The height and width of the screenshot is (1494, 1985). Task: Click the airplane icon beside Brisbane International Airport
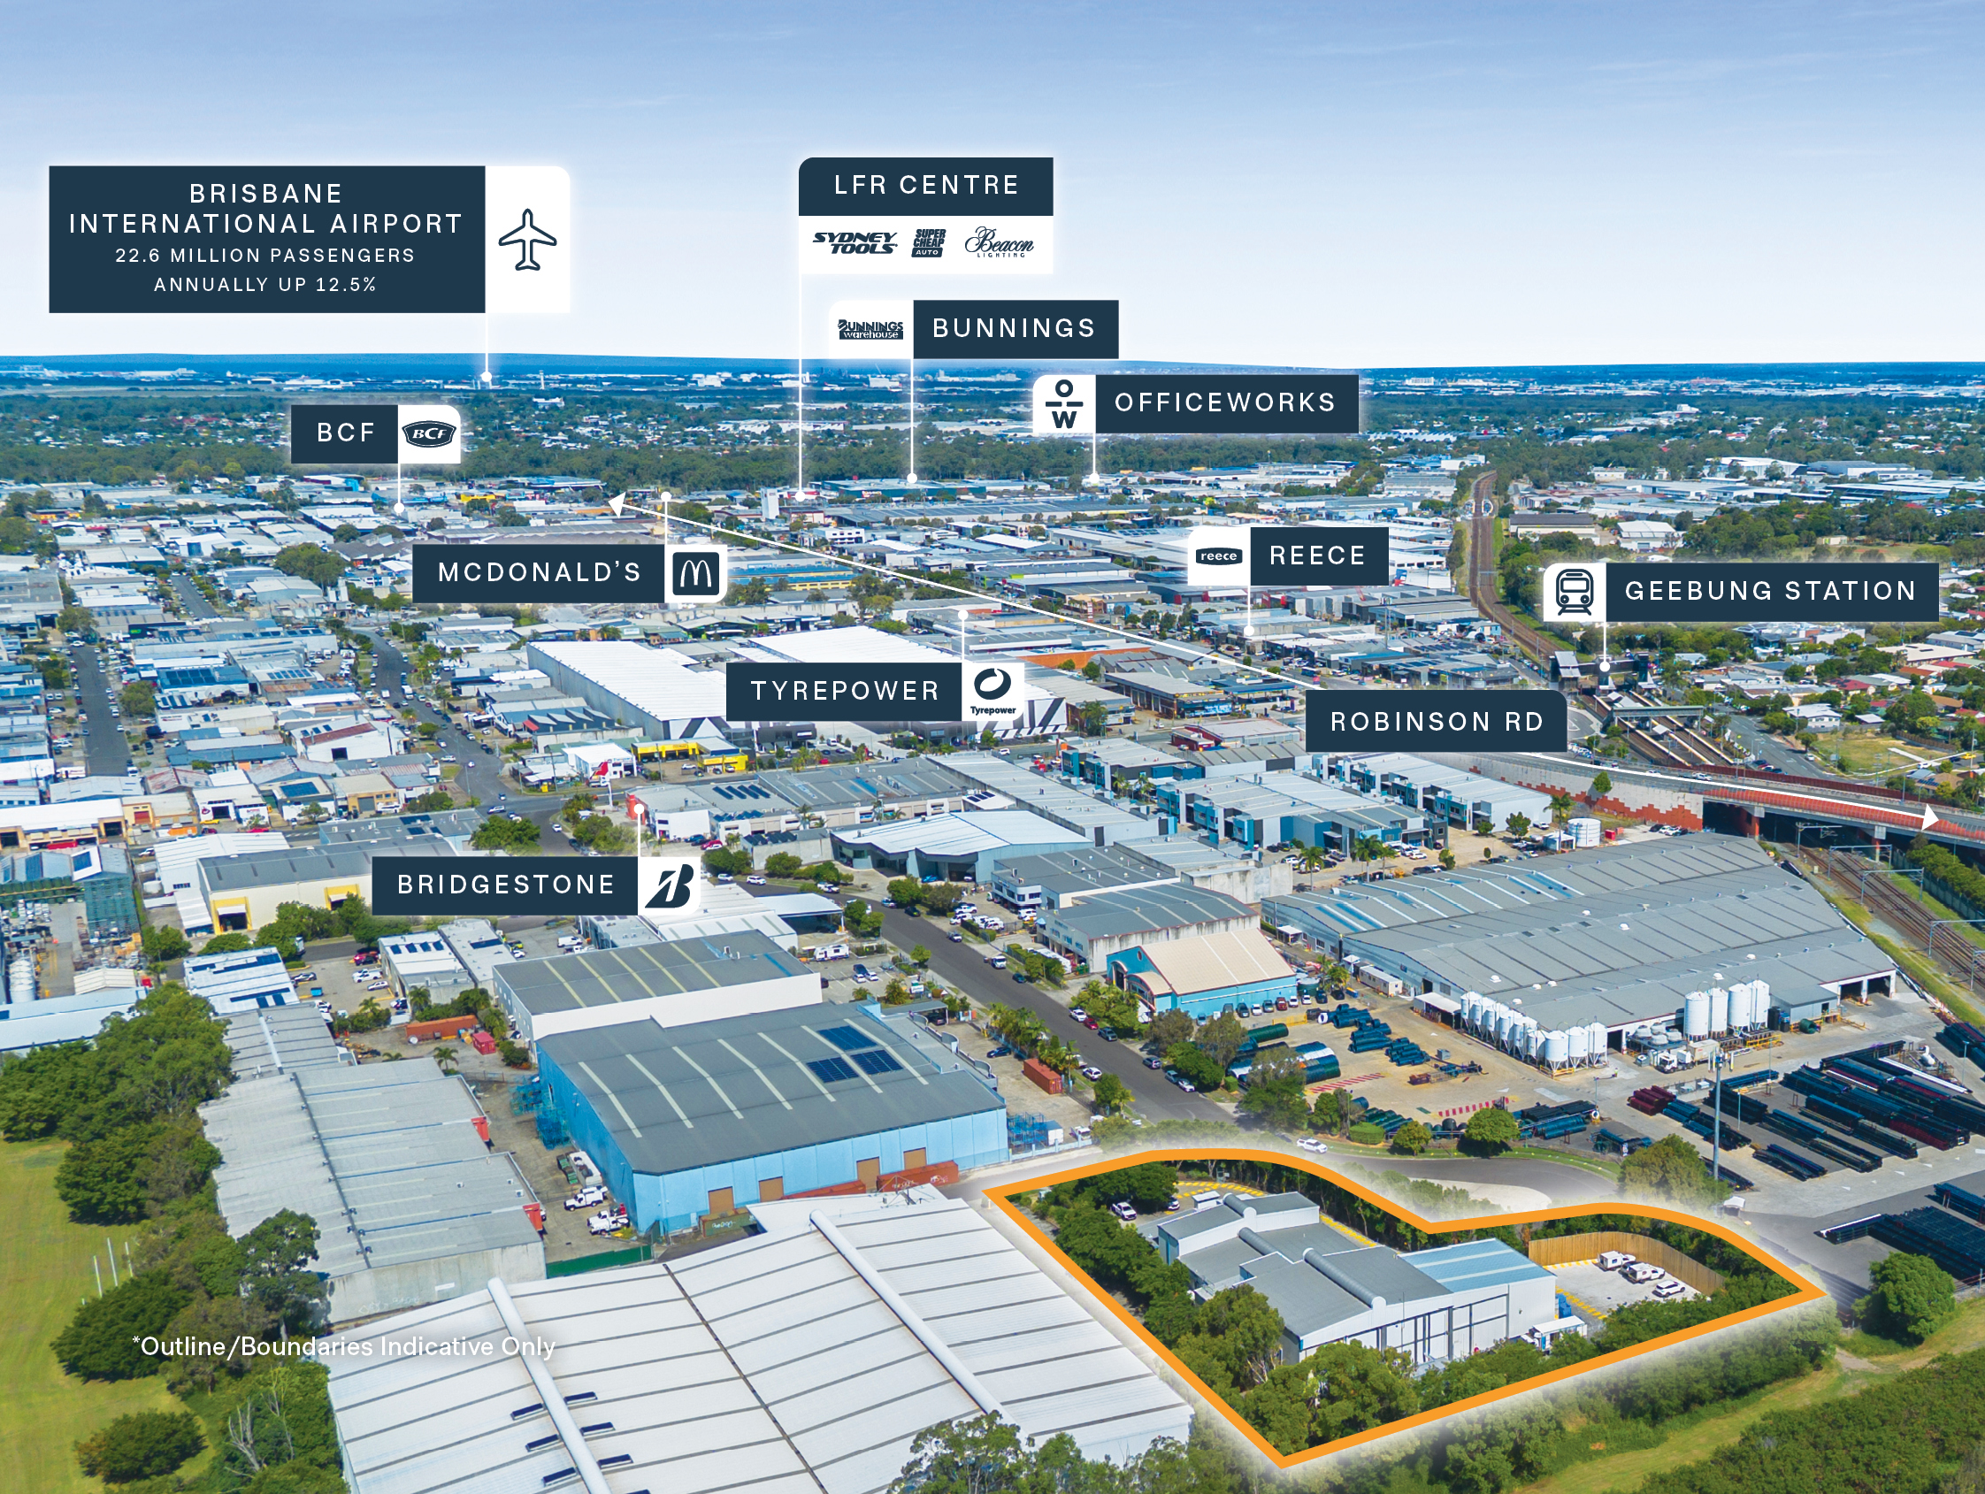pyautogui.click(x=528, y=239)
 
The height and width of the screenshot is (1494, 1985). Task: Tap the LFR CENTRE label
pyautogui.click(x=926, y=186)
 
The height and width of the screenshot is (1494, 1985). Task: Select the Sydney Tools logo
pyautogui.click(x=855, y=242)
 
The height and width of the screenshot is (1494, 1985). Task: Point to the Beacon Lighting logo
pyautogui.click(x=999, y=242)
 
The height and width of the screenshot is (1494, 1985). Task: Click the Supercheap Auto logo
pyautogui.click(x=929, y=242)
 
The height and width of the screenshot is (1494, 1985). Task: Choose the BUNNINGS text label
pyautogui.click(x=1014, y=328)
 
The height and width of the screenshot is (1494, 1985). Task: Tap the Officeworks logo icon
pyautogui.click(x=1063, y=405)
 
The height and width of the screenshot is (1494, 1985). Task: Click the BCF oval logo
pyautogui.click(x=429, y=434)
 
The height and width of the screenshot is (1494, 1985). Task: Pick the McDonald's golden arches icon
pyautogui.click(x=695, y=572)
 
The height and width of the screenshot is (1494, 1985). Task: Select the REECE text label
pyautogui.click(x=1317, y=555)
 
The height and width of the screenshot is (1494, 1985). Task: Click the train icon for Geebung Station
pyautogui.click(x=1574, y=591)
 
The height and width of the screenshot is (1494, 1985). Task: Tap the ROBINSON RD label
pyautogui.click(x=1436, y=722)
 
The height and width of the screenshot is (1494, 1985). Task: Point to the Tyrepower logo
pyautogui.click(x=992, y=689)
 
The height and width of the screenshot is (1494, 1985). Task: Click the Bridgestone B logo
pyautogui.click(x=670, y=885)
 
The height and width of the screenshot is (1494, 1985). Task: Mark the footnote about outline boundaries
pyautogui.click(x=344, y=1346)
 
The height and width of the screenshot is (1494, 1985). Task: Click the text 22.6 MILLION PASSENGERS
pyautogui.click(x=264, y=256)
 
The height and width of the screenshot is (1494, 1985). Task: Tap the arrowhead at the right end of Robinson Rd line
pyautogui.click(x=1929, y=816)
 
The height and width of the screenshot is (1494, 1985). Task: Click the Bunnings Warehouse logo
pyautogui.click(x=870, y=329)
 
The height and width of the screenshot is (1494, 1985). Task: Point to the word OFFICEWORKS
pyautogui.click(x=1225, y=402)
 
